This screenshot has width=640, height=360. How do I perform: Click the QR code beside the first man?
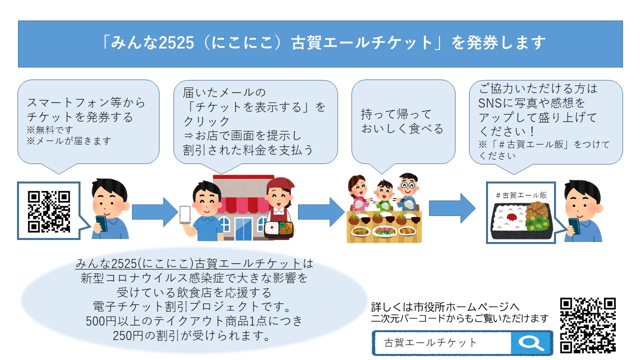(49, 211)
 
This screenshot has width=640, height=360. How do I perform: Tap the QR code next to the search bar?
(587, 325)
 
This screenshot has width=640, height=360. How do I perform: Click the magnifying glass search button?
(531, 343)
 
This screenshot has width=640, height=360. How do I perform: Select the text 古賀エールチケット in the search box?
(430, 342)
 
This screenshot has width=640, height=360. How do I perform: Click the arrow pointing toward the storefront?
(155, 212)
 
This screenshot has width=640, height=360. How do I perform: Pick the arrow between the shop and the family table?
(321, 212)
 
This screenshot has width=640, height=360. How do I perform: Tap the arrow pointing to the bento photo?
(452, 208)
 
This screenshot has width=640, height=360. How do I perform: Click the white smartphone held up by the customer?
(185, 215)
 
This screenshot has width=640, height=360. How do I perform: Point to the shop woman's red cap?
(280, 183)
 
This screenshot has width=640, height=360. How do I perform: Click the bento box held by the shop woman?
(279, 229)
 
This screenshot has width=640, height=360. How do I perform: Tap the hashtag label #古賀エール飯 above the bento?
(521, 195)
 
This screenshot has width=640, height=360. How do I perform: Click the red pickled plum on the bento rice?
(511, 217)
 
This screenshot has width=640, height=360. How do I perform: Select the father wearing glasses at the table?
(408, 191)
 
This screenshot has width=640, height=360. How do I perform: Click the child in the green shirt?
(384, 194)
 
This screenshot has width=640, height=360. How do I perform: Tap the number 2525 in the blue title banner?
(176, 43)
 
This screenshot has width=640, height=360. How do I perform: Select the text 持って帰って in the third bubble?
(396, 114)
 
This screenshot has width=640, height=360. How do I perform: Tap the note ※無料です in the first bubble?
(50, 130)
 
